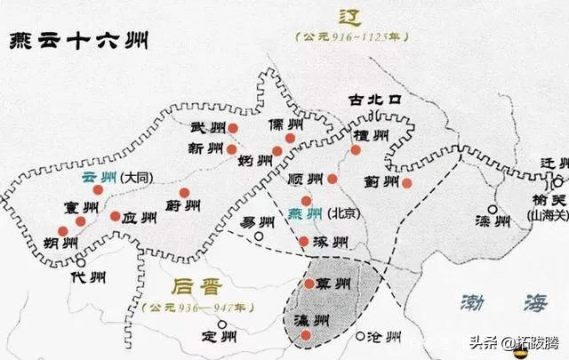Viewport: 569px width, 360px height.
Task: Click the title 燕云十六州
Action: point(78,42)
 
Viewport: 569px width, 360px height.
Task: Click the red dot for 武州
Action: point(232,128)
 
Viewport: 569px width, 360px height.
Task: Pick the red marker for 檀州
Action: point(356,150)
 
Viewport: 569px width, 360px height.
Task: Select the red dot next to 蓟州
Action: point(406,183)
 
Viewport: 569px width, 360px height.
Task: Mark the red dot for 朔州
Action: point(62,231)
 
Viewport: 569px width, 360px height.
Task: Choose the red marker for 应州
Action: point(115,216)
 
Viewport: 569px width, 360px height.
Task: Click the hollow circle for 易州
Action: point(259,237)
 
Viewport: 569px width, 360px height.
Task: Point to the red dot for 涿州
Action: point(304,241)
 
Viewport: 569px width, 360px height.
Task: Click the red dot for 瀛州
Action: point(306,335)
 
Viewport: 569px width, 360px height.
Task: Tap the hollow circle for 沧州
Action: point(360,337)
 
